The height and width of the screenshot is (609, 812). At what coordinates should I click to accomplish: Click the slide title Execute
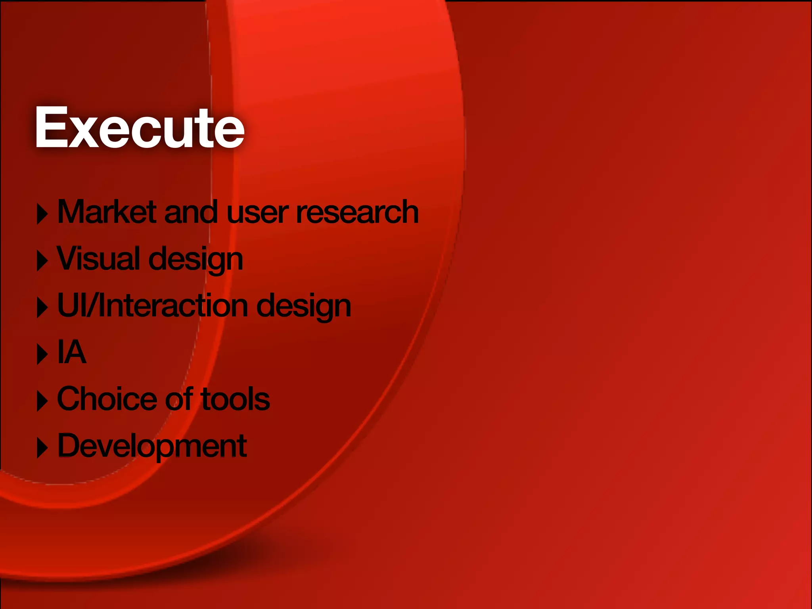(140, 128)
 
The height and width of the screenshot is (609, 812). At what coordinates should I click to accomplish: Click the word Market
(107, 212)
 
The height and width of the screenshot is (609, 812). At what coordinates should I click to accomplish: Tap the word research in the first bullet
(357, 212)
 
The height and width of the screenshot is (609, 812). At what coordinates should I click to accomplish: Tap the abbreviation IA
(72, 352)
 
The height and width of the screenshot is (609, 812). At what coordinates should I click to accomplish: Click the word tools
(236, 399)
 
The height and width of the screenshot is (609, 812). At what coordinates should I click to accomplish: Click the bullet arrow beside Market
(42, 214)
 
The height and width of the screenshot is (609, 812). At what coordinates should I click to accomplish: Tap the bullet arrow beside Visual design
(42, 260)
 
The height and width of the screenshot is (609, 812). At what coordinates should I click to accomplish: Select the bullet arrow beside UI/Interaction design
(42, 307)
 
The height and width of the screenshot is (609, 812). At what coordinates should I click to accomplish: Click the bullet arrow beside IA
(42, 354)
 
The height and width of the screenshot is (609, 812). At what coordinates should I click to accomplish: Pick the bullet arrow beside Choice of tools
(42, 400)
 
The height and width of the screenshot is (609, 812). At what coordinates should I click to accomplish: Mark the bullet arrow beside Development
(42, 448)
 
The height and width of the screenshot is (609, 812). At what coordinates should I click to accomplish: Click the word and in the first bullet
(191, 212)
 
